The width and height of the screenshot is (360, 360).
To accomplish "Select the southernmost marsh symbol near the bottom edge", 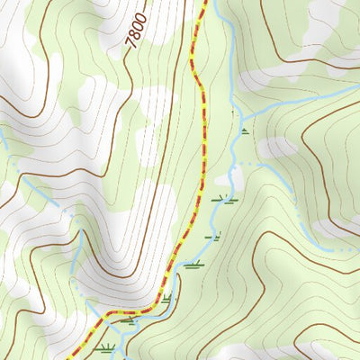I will (x=108, y=348).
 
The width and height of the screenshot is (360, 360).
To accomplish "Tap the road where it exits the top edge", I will (x=205, y=2).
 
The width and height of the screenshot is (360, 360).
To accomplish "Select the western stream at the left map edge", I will (x=2, y=135).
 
